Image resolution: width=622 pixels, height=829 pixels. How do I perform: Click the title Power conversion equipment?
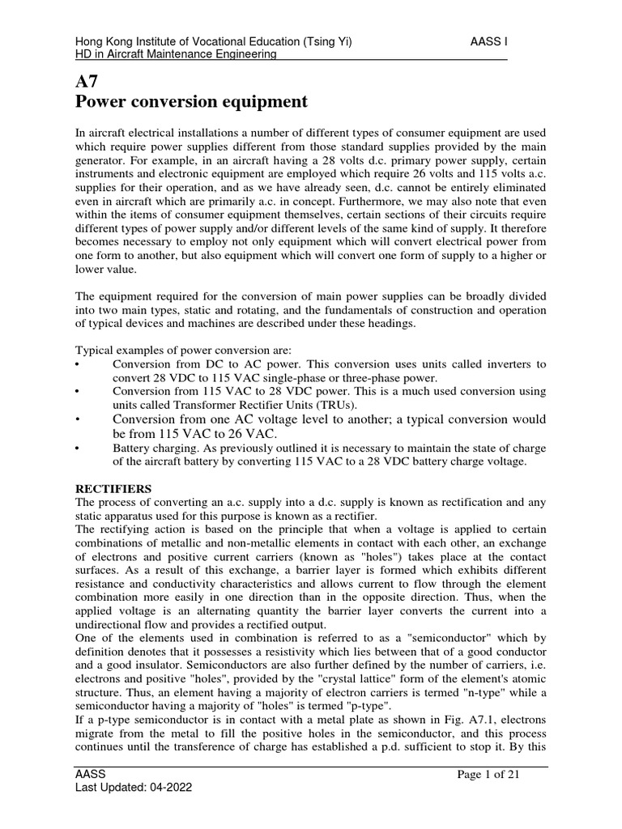click(x=191, y=102)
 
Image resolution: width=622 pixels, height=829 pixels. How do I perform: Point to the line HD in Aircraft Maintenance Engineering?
click(x=176, y=54)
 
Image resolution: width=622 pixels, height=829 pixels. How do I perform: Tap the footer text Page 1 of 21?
click(x=488, y=775)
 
